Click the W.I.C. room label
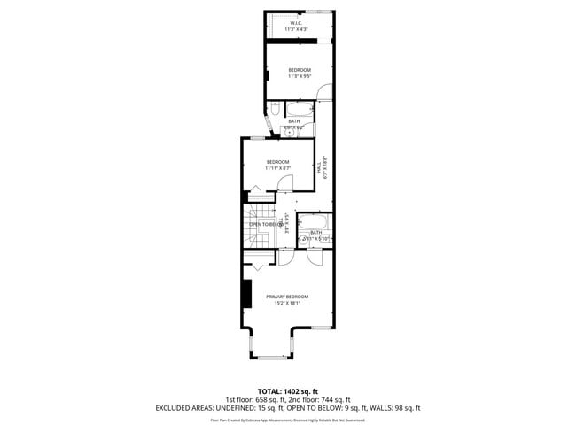tap(295, 23)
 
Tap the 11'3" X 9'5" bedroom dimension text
tap(299, 76)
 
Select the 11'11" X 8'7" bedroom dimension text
tap(278, 168)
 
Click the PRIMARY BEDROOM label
tap(287, 297)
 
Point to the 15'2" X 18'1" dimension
tap(287, 304)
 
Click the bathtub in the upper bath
tap(300, 110)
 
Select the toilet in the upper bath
tap(275, 109)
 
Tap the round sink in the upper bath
tap(288, 134)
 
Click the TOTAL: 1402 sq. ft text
tap(287, 390)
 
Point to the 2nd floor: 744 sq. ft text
tap(319, 399)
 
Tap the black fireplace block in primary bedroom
tap(246, 293)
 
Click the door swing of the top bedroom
tap(324, 91)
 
